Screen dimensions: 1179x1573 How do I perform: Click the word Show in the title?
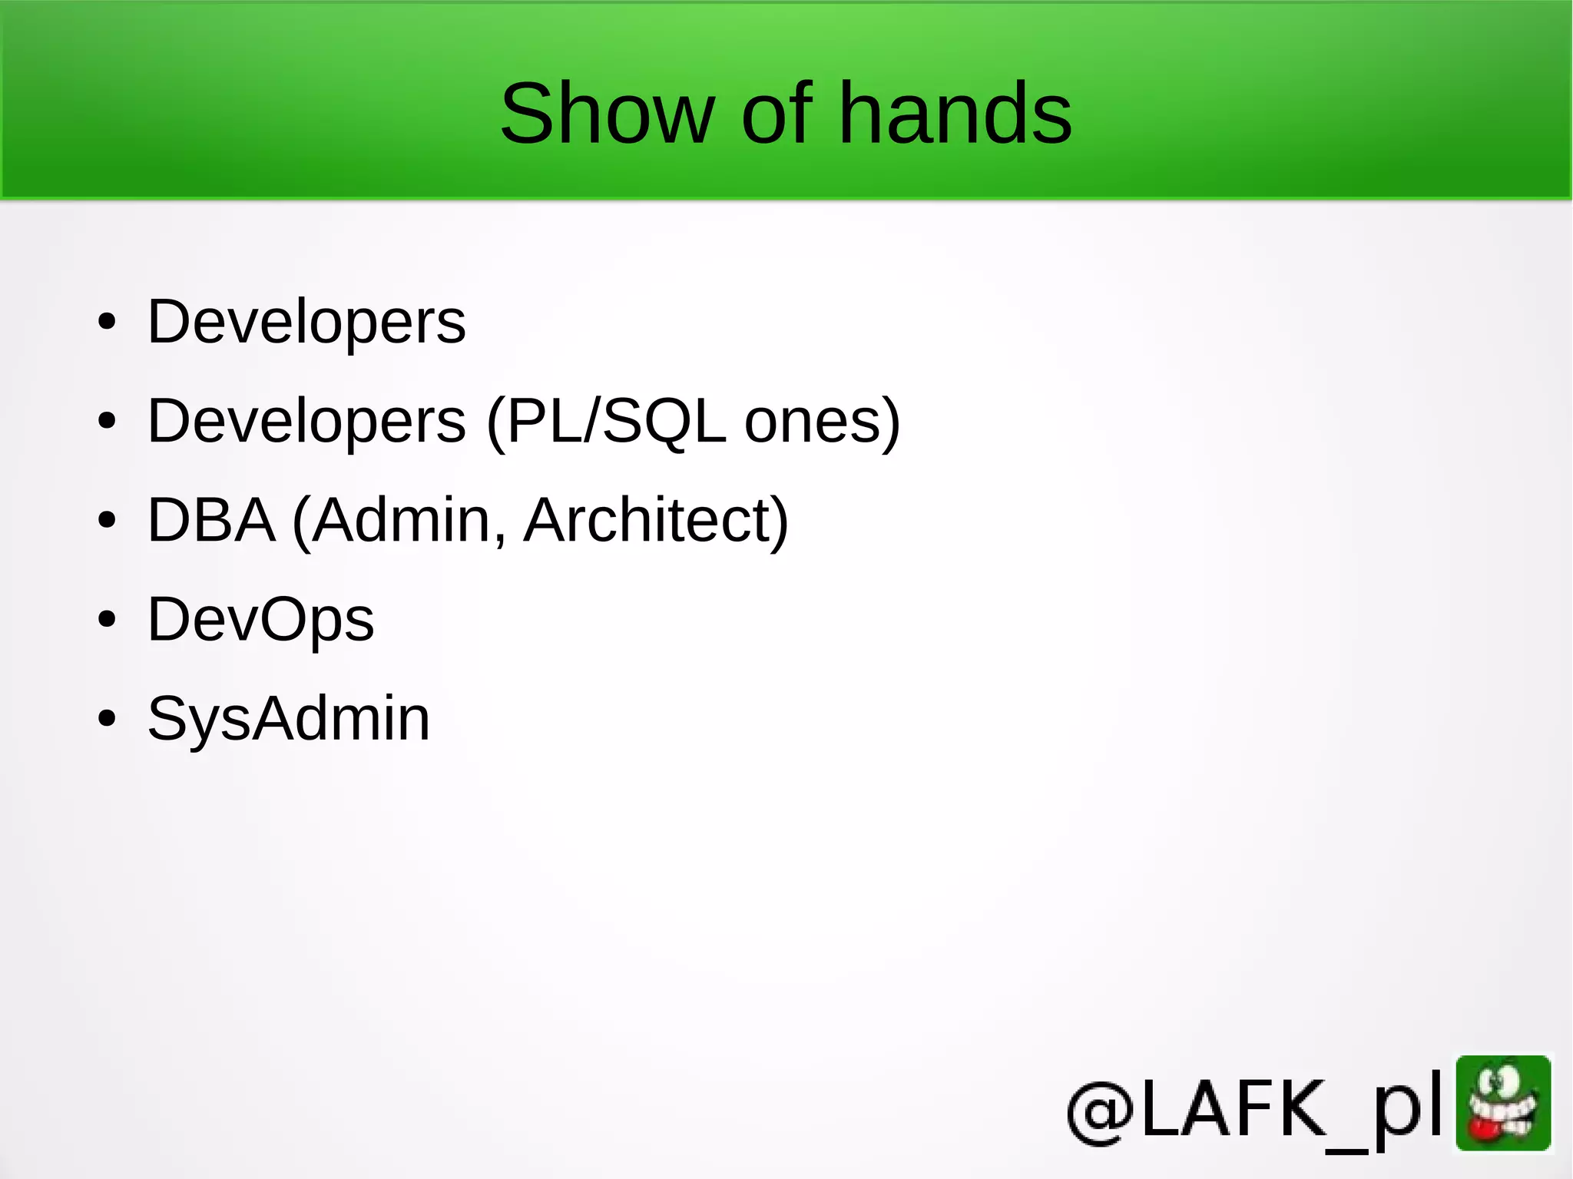(607, 114)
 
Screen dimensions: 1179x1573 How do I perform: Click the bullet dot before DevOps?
(107, 619)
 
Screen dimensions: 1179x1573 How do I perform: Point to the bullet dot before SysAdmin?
(107, 719)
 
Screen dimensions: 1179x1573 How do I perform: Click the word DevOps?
(260, 619)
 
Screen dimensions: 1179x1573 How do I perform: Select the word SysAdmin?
(288, 719)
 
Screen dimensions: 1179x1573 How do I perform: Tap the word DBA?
(211, 520)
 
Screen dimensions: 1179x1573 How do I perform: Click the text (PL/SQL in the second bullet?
(606, 421)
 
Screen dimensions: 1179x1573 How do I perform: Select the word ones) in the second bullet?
(822, 421)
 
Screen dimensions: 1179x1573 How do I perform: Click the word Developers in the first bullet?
(306, 322)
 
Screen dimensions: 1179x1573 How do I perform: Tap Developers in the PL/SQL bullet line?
(306, 421)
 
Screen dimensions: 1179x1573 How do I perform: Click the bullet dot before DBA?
(107, 520)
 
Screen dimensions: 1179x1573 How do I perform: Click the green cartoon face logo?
(1503, 1103)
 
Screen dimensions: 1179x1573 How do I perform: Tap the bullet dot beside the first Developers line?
(107, 322)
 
